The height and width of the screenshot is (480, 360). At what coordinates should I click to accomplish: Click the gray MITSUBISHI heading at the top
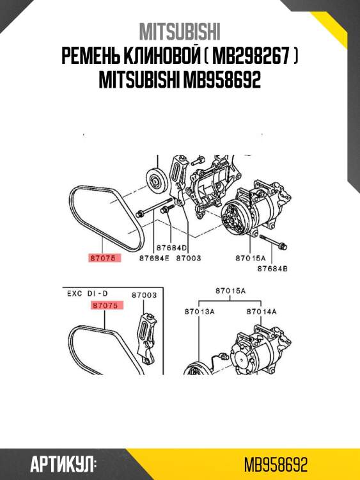180,31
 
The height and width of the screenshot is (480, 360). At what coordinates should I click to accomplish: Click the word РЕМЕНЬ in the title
96,57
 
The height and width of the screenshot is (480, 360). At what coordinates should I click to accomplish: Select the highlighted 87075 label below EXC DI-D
107,306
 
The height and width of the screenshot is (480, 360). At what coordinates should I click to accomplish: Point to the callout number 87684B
272,269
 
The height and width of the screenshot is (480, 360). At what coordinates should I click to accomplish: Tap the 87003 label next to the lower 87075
145,295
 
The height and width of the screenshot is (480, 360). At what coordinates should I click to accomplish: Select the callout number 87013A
199,311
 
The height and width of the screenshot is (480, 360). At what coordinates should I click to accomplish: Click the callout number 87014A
262,311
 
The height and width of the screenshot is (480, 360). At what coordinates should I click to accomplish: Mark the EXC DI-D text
87,295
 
